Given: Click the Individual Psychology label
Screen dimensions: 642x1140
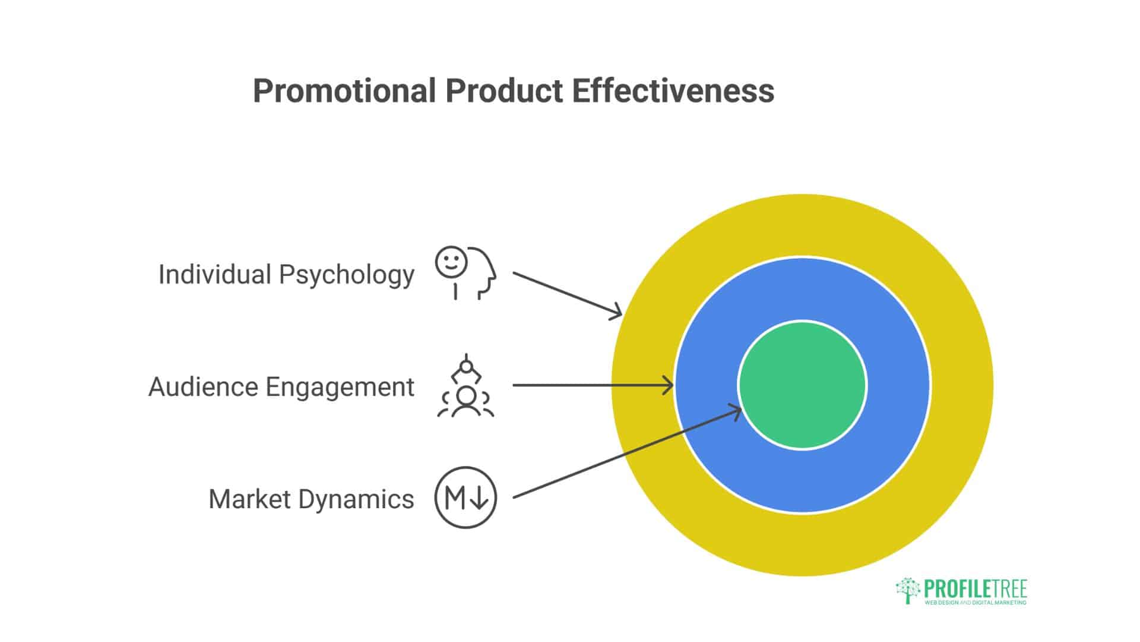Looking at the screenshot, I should coord(286,275).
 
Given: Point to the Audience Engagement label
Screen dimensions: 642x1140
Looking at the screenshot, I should coord(281,387).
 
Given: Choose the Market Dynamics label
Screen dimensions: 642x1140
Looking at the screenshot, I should coord(311,499).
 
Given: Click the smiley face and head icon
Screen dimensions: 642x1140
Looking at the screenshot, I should coord(465,273).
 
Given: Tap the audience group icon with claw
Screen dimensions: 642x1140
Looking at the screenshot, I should coord(465,386).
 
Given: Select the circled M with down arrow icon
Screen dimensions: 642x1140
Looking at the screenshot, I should coord(465,498).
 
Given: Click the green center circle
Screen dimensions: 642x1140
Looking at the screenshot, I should coord(802,385).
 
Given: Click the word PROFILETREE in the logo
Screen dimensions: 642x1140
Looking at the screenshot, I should coord(976,589).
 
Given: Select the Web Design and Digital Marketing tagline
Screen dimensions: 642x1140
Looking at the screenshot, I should coord(976,603).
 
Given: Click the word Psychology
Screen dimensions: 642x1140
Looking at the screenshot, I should coord(347,275).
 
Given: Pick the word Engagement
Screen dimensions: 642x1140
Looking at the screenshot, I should coord(340,387).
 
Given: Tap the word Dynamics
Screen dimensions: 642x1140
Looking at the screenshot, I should coord(356,499).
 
